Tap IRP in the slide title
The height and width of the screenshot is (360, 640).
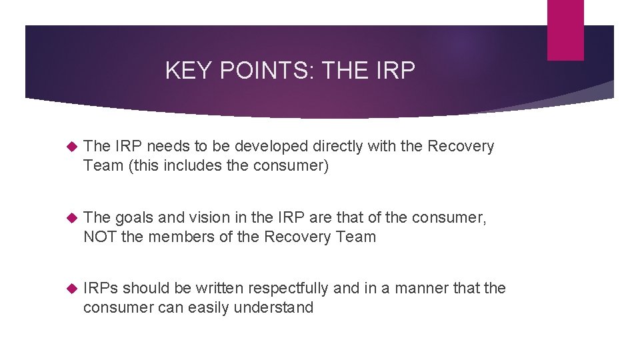tap(395, 70)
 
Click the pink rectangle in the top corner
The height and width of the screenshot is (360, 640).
tap(565, 30)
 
